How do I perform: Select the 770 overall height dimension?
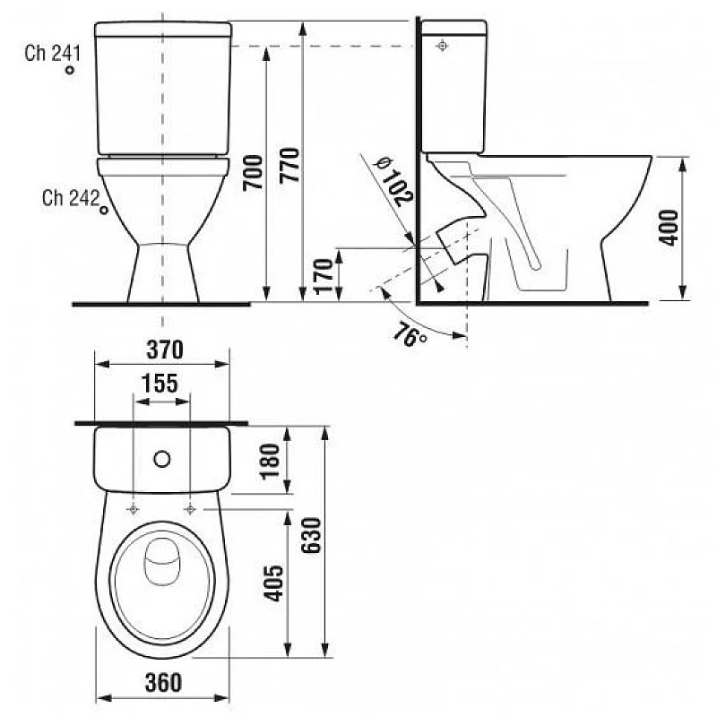[289, 164]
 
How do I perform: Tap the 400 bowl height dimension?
[669, 228]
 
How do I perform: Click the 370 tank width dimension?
[162, 348]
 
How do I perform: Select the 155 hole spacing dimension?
[161, 383]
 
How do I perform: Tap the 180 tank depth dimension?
[272, 461]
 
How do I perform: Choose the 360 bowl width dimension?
[162, 682]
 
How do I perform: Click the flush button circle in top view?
[162, 460]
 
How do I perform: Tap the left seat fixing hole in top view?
[134, 509]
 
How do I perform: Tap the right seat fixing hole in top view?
[191, 509]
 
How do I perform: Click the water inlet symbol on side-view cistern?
[442, 45]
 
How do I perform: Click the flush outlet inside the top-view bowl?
[162, 562]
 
